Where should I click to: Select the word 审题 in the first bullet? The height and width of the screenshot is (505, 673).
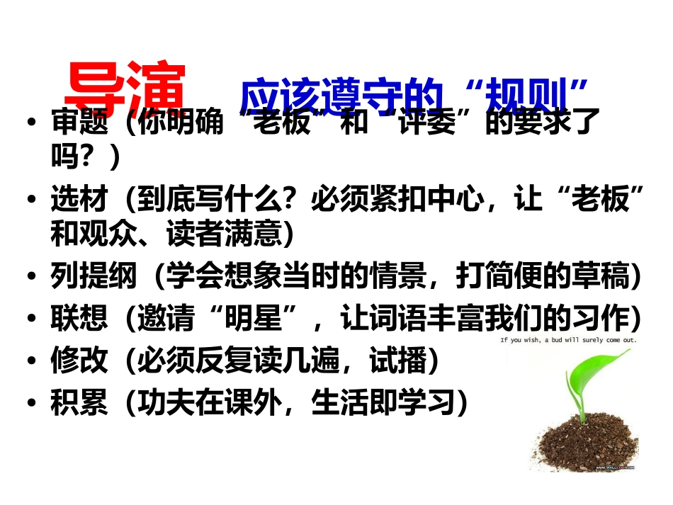click(79, 124)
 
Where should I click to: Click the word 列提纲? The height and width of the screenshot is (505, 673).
click(94, 277)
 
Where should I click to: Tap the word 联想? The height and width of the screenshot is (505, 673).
click(79, 319)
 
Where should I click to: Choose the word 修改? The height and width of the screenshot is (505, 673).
click(79, 361)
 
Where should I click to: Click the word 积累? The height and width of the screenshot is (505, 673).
click(79, 403)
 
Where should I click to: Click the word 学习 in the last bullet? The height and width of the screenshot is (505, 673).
click(421, 403)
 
